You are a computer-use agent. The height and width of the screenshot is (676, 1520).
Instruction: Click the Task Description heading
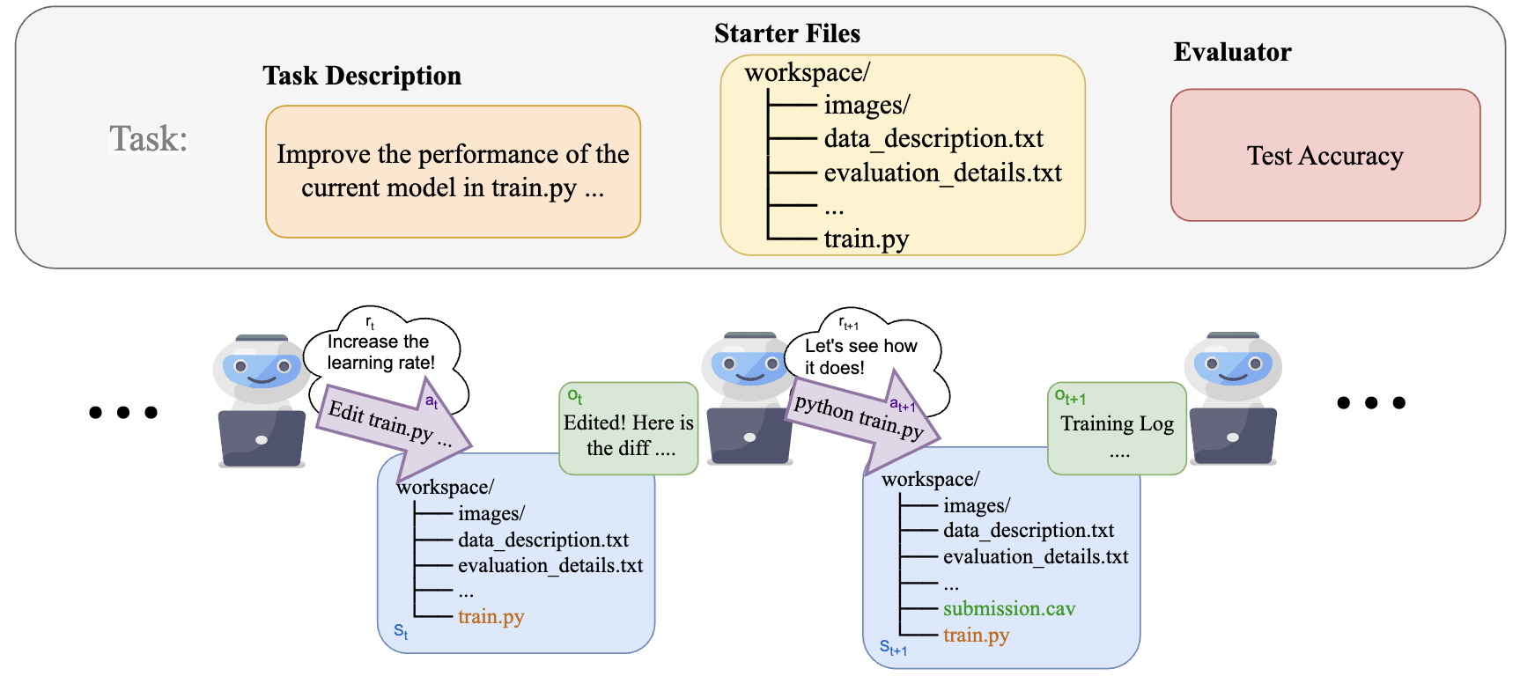362,76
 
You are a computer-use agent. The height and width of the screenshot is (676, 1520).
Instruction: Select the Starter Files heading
787,33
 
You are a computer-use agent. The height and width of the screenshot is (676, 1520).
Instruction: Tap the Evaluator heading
1232,52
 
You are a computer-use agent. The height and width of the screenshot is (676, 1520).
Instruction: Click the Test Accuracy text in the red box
1324,156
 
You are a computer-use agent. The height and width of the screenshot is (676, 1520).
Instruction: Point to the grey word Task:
149,138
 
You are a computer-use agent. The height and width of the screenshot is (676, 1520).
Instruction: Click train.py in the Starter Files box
866,239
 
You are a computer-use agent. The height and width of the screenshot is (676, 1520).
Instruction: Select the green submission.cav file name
1009,608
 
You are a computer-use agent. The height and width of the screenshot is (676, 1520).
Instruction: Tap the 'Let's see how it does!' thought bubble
865,356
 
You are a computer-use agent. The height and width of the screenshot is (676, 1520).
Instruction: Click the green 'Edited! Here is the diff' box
629,429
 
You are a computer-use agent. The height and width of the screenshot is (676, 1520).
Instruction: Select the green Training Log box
1117,429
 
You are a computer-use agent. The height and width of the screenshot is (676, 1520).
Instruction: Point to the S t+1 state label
893,649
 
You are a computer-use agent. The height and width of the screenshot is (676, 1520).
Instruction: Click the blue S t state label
401,631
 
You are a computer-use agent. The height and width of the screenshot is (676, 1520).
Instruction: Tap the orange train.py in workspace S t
491,616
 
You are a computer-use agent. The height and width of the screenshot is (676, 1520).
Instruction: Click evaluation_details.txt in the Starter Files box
942,173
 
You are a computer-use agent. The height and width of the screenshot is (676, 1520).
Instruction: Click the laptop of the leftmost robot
262,437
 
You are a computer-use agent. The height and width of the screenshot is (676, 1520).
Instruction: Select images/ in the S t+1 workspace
977,505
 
